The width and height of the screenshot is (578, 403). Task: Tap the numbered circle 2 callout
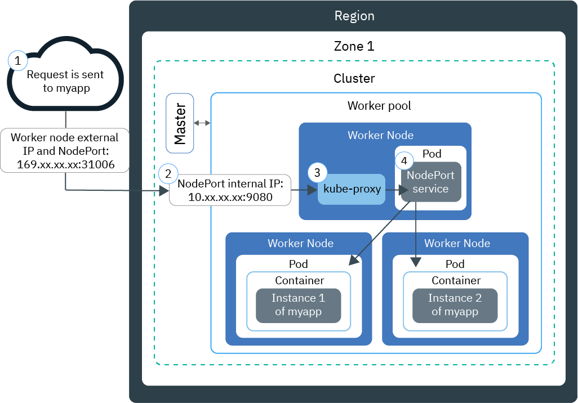coord(167,173)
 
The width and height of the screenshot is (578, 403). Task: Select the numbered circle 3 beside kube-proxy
coord(317,172)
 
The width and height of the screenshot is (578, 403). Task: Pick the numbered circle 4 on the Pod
coord(404,160)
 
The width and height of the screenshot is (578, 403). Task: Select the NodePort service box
coord(431,182)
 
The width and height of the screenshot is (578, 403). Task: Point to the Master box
coord(180,123)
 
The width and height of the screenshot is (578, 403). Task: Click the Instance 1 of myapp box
coord(299,306)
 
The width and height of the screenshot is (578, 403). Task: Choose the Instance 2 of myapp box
coord(455,306)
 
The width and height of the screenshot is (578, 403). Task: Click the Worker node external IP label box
coord(65,151)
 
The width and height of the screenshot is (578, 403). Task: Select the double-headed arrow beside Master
coord(202,123)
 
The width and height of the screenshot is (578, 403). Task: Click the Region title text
coord(354,16)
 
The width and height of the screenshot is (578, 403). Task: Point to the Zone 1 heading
coord(354,46)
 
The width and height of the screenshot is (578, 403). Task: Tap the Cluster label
coord(354,78)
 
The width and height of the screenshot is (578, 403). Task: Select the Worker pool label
coord(379,106)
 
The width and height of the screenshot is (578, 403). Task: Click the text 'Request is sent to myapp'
coord(65,81)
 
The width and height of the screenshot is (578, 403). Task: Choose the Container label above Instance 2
coord(456,280)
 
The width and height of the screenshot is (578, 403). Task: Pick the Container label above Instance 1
coord(299,280)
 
